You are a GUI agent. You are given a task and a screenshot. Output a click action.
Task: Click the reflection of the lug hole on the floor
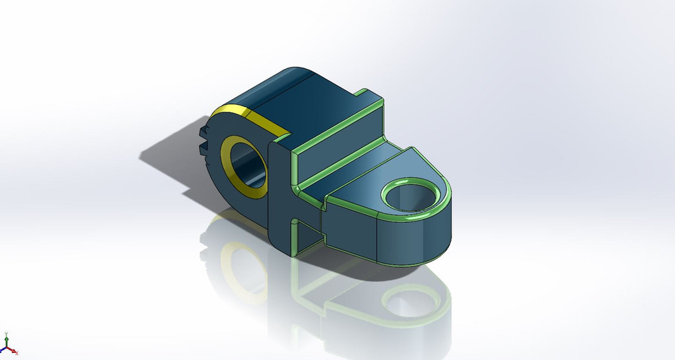[415, 302]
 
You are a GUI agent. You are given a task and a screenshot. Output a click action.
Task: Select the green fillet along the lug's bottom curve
[415, 259]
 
